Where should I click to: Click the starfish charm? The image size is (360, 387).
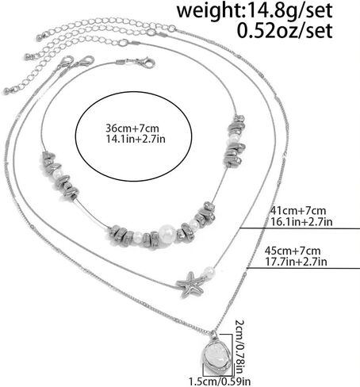pos(191,285)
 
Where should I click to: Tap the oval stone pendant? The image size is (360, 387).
pos(216,355)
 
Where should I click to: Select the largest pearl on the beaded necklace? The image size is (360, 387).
pos(167,233)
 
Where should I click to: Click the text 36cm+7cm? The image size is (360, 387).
pos(132,128)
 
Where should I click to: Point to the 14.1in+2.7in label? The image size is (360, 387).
pos(136,139)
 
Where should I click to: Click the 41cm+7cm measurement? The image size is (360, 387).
pos(298,211)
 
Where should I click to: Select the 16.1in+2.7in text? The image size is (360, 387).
pos(301,221)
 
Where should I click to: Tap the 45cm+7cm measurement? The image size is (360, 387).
pos(293,251)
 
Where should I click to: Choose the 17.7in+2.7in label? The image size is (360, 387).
pos(296,262)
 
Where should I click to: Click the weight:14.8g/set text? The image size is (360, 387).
pos(255,10)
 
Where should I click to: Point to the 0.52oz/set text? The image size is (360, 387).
pos(285,31)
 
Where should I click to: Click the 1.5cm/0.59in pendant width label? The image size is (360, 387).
pos(220,381)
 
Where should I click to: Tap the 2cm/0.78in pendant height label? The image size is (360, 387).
pos(239,347)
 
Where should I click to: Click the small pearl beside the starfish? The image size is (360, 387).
pos(209,271)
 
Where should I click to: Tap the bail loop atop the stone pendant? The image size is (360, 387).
pos(213,335)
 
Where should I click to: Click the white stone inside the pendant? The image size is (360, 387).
pos(216,355)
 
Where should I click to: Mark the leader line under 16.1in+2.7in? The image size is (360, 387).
pos(299,228)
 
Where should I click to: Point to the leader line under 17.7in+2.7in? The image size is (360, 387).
pos(303,269)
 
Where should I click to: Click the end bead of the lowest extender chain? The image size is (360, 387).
pos(6,92)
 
